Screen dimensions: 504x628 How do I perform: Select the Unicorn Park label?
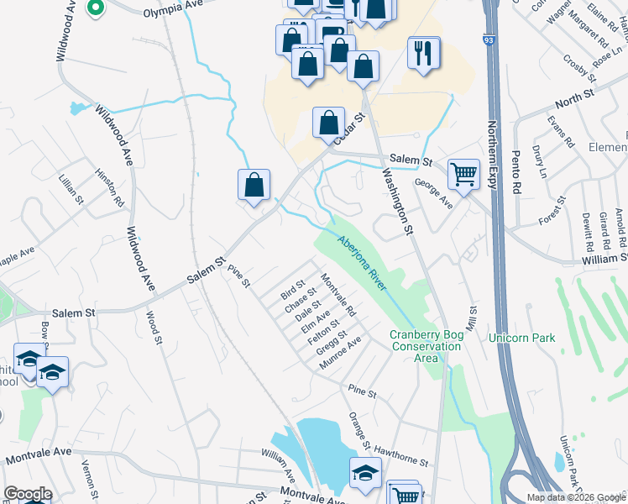(x=522, y=338)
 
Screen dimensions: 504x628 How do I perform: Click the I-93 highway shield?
(x=489, y=39)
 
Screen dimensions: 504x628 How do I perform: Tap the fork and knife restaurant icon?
(x=423, y=53)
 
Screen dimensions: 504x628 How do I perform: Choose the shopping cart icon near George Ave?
(x=463, y=175)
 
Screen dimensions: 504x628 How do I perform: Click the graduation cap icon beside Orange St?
(x=365, y=473)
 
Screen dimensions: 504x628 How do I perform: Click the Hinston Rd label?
(x=109, y=190)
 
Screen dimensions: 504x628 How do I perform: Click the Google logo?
(x=28, y=494)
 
